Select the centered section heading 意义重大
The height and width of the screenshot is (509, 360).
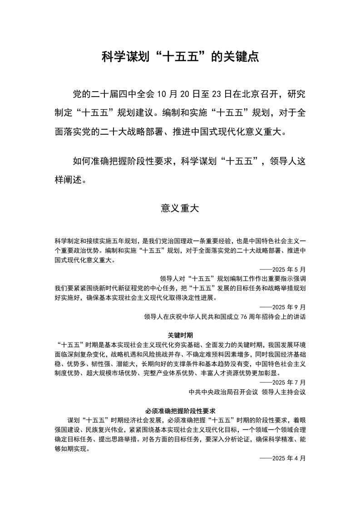click(180, 208)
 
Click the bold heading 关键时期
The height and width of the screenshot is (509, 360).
click(180, 335)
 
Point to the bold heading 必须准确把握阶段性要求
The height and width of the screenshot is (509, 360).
click(180, 411)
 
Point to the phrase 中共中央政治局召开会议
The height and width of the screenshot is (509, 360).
click(223, 392)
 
